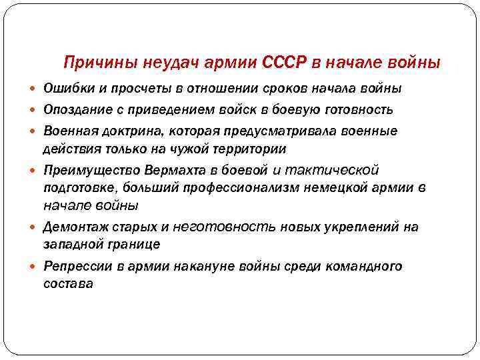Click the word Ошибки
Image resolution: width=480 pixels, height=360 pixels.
(67, 89)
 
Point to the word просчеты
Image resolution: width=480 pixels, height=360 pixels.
(137, 89)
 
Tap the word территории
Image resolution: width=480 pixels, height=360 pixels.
(252, 149)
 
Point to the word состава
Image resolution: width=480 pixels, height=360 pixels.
(68, 284)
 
